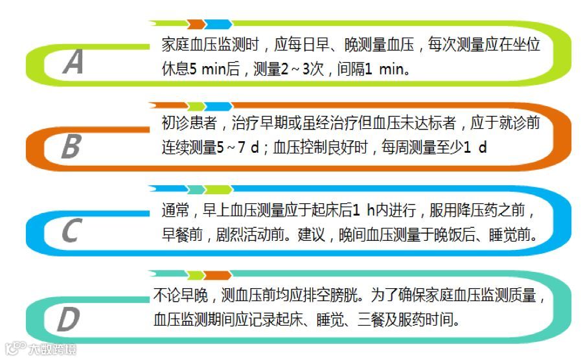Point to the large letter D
(67, 319)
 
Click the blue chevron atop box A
(219, 24)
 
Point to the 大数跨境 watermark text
(52, 350)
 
